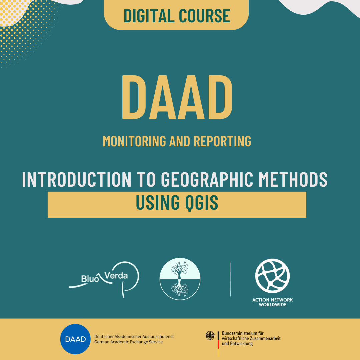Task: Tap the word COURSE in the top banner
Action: point(204,16)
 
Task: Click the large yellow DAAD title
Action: point(177,97)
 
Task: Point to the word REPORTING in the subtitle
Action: point(222,141)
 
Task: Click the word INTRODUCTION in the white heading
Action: point(77,179)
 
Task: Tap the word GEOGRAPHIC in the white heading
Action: point(207,179)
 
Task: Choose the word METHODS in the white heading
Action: point(293,179)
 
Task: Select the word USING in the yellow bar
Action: point(158,202)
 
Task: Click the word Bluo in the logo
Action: point(90,279)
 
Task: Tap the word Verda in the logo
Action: point(116,275)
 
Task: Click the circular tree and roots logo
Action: point(180,279)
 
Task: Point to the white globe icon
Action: point(273,276)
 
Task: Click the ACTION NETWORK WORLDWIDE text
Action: point(273,302)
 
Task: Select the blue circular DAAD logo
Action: point(75,339)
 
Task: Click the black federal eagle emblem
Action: point(210,336)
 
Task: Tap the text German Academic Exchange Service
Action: point(129,342)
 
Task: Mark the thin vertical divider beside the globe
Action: point(230,279)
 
